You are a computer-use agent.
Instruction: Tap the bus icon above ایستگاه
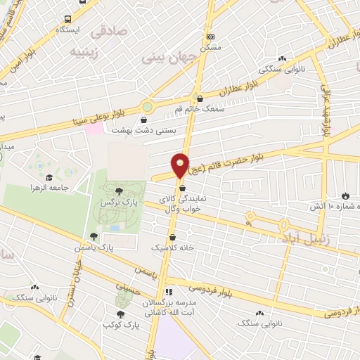67,20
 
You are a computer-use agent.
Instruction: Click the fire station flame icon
345,195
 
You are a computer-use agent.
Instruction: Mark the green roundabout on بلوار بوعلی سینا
147,108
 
